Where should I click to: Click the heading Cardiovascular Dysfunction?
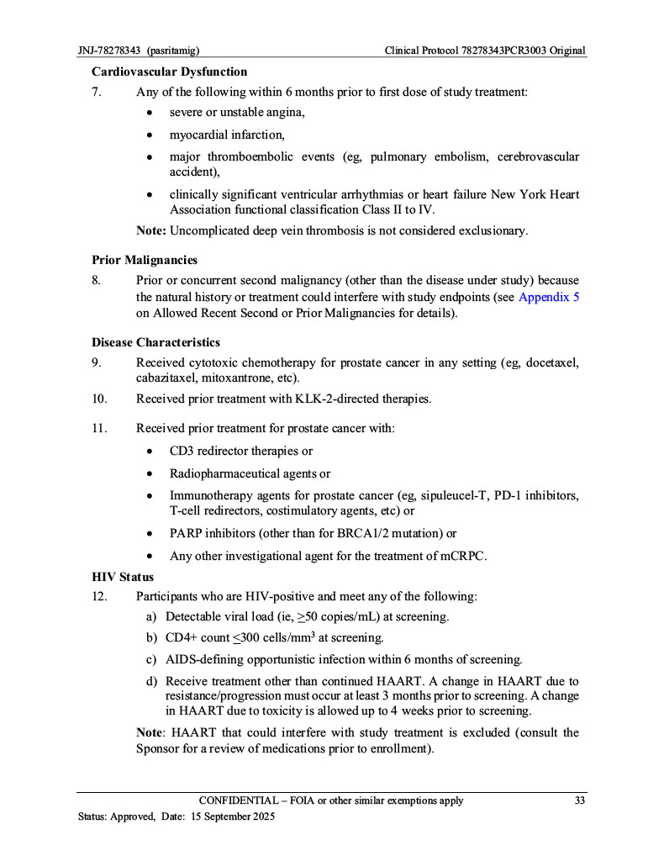point(169,71)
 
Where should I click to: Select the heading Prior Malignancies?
point(144,260)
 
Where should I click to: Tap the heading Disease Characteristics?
point(155,342)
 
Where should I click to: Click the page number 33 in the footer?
point(579,800)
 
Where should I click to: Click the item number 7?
point(97,92)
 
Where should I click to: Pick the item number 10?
point(99,399)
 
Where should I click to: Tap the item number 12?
point(99,597)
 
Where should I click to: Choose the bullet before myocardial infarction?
point(150,135)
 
